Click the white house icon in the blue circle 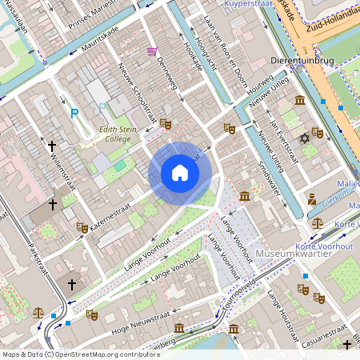180,173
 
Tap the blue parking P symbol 74,114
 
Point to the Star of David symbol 304,139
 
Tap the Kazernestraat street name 110,217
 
